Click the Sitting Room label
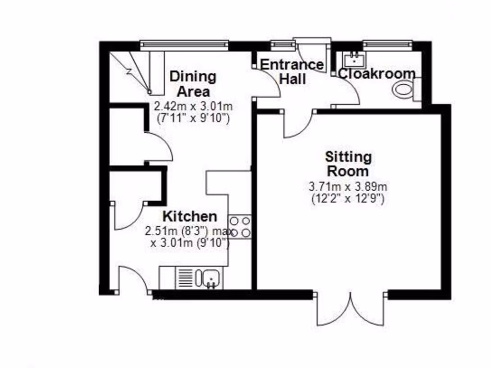[x=348, y=164]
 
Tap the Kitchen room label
[x=189, y=216]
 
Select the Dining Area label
[x=194, y=83]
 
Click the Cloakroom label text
[x=377, y=74]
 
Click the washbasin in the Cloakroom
[x=354, y=59]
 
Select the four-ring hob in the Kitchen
[x=240, y=227]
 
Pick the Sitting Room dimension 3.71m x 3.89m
[x=348, y=186]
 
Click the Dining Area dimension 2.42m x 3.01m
[x=191, y=106]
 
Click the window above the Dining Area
[x=185, y=45]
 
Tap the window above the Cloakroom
[x=387, y=45]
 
